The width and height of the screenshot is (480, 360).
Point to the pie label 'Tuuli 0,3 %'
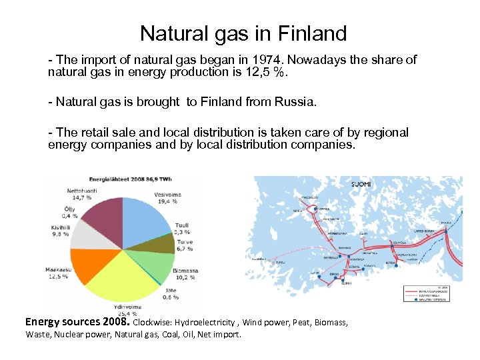182,229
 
